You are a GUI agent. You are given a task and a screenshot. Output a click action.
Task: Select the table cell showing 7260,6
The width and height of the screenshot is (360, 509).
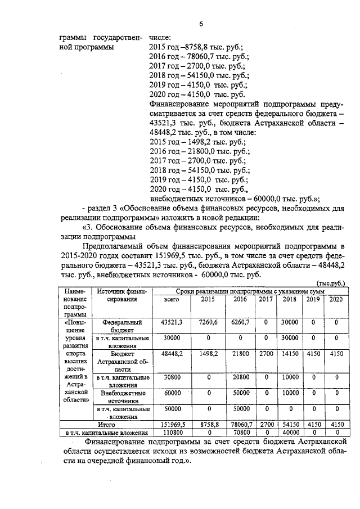pos(208,322)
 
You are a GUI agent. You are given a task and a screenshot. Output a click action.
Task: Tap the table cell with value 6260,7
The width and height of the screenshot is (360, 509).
pos(240,322)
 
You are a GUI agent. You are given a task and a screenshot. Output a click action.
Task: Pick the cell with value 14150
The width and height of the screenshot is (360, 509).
pos(289,354)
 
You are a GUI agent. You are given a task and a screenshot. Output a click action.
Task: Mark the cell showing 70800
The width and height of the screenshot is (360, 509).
pos(240,433)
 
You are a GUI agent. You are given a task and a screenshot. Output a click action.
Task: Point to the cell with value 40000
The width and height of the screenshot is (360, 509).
pos(289,433)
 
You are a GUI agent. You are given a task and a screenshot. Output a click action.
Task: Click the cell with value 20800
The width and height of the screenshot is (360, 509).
pos(240,378)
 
